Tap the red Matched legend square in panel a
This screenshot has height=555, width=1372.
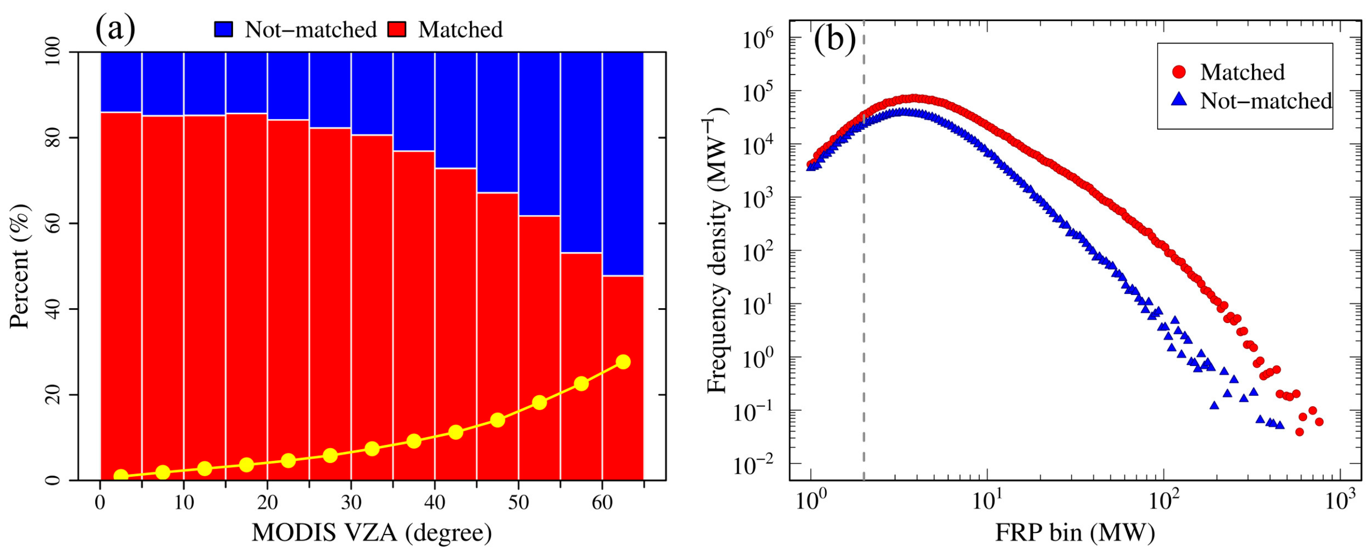point(397,29)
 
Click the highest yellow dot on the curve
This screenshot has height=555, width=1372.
point(623,362)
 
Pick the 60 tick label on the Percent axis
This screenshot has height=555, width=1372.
point(53,224)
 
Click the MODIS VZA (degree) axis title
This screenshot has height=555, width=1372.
point(372,532)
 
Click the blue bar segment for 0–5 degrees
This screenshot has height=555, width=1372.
point(121,82)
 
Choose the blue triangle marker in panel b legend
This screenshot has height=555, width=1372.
point(1179,99)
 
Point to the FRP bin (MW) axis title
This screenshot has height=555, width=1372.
point(1075,532)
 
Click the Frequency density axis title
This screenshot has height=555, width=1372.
point(717,250)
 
